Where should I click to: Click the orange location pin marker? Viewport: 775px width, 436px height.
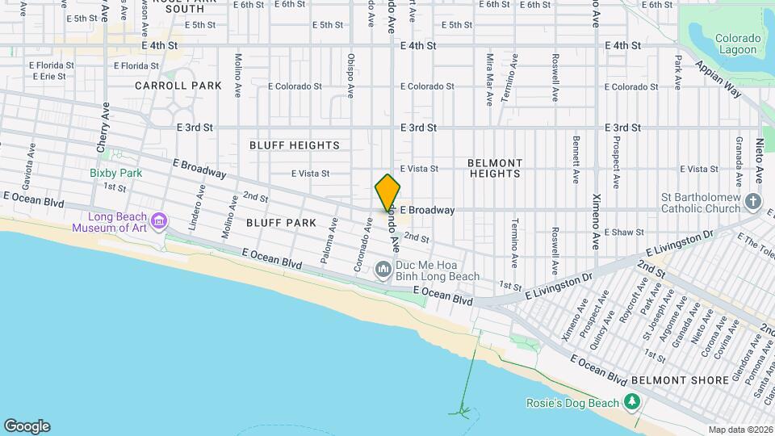click(387, 193)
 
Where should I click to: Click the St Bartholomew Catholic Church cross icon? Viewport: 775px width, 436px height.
click(753, 202)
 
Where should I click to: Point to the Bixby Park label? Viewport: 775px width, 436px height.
click(115, 173)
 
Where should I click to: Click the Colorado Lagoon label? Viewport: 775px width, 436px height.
click(738, 44)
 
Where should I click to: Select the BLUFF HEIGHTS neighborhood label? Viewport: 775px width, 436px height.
click(295, 145)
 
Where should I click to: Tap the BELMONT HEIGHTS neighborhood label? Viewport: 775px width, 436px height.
click(495, 168)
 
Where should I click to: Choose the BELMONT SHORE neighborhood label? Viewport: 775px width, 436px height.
click(674, 379)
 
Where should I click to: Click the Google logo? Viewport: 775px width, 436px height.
click(27, 426)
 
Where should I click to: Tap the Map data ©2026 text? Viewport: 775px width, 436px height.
click(740, 430)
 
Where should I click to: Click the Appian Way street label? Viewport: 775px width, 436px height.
click(718, 80)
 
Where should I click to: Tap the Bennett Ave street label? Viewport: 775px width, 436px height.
click(576, 159)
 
